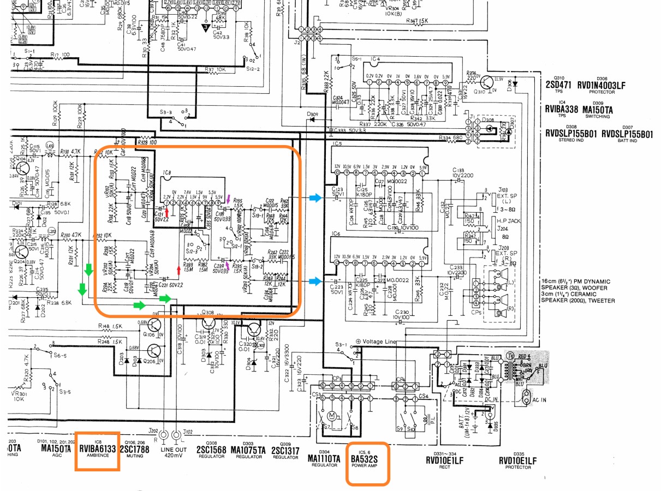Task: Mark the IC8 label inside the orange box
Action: click(x=166, y=173)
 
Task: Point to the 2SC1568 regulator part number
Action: click(x=212, y=450)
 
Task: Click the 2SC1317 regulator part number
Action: click(x=285, y=450)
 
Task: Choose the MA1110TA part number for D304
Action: click(x=324, y=459)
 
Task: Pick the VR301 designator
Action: click(x=19, y=392)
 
